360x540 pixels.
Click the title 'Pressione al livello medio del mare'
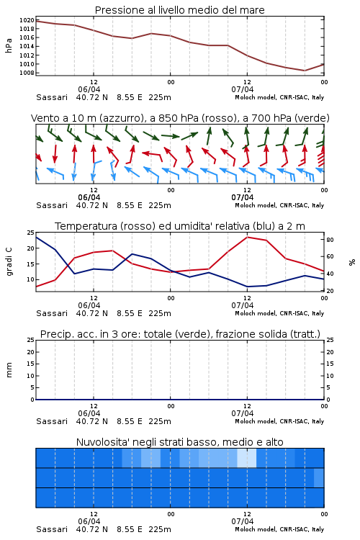[x=179, y=10]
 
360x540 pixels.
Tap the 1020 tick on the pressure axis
[x=27, y=20]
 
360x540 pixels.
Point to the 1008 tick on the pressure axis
[x=27, y=73]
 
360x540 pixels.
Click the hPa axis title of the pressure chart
[x=9, y=46]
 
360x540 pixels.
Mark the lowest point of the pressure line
[x=305, y=71]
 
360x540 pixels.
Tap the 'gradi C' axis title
[x=9, y=262]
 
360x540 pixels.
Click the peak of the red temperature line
[x=247, y=237]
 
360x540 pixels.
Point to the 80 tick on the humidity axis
[x=330, y=240]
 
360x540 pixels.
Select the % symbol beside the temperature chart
[x=352, y=262]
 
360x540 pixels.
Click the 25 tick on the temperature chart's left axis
[x=31, y=233]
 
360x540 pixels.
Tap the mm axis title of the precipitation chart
[x=9, y=370]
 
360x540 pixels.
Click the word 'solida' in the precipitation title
[x=271, y=334]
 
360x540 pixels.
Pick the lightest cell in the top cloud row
[x=247, y=458]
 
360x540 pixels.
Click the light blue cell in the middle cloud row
[x=319, y=477]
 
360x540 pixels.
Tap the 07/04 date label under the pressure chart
[x=242, y=89]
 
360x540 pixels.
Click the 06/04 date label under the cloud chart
[x=89, y=521]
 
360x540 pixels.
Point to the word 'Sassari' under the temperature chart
[x=52, y=313]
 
